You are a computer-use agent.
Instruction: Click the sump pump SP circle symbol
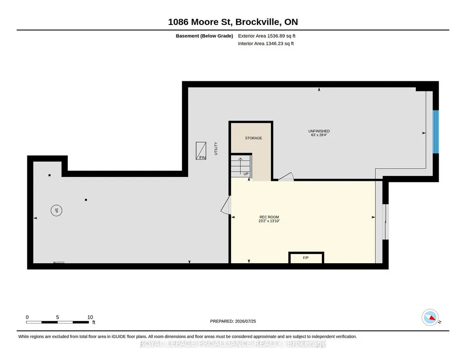56,210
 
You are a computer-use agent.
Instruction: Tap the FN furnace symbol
201,151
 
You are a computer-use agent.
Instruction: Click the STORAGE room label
254,138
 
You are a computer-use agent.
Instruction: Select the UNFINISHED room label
319,131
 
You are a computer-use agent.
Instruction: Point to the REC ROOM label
269,217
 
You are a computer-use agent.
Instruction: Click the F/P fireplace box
306,258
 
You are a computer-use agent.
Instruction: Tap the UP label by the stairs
246,174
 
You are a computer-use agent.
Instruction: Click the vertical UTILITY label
216,149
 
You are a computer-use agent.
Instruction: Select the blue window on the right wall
436,132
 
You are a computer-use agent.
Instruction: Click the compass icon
430,317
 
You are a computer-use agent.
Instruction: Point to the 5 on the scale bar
58,317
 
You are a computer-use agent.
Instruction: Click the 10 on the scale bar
90,317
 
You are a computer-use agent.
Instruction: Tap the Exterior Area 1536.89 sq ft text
266,36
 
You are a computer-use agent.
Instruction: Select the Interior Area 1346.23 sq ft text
266,43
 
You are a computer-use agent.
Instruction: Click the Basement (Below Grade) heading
205,36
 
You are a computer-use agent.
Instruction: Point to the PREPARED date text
233,321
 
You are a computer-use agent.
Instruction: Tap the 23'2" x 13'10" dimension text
269,221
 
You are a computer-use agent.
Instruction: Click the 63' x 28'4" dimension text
319,135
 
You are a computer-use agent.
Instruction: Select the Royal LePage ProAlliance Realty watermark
233,344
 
